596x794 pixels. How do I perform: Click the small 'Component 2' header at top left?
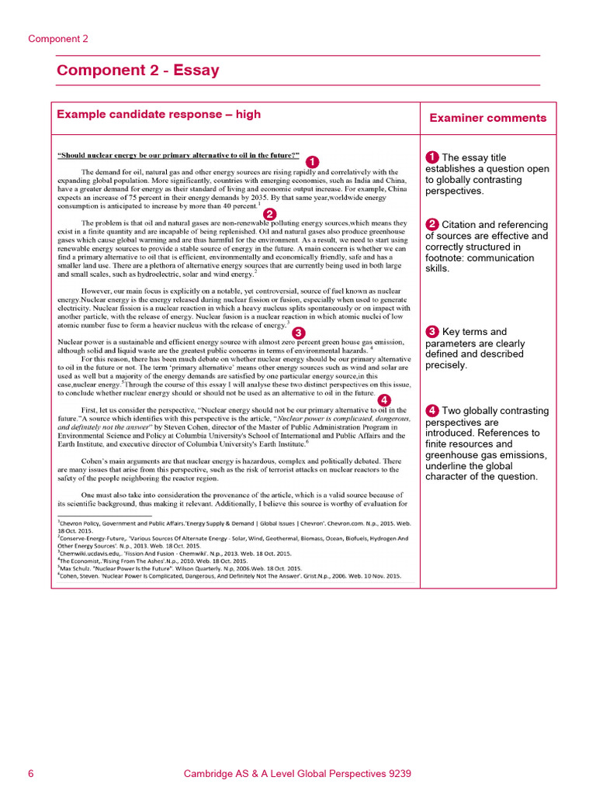tap(58, 38)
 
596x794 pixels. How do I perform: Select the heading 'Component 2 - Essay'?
tap(137, 71)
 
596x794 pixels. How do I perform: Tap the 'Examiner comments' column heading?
tap(488, 118)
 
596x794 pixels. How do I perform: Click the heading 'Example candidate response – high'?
tap(158, 115)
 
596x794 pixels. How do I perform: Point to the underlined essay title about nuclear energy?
tap(179, 155)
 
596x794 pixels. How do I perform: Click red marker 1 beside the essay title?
tap(313, 161)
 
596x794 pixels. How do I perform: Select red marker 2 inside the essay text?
tap(269, 214)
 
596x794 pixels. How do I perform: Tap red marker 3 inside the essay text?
tap(297, 332)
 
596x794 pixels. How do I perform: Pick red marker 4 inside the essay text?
tap(384, 399)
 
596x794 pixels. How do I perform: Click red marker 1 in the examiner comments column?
tap(432, 157)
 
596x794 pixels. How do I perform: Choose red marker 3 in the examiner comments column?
tap(432, 332)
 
